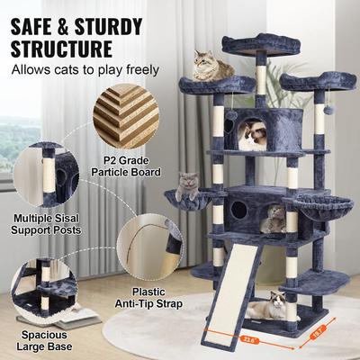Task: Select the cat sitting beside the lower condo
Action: (274, 218)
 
